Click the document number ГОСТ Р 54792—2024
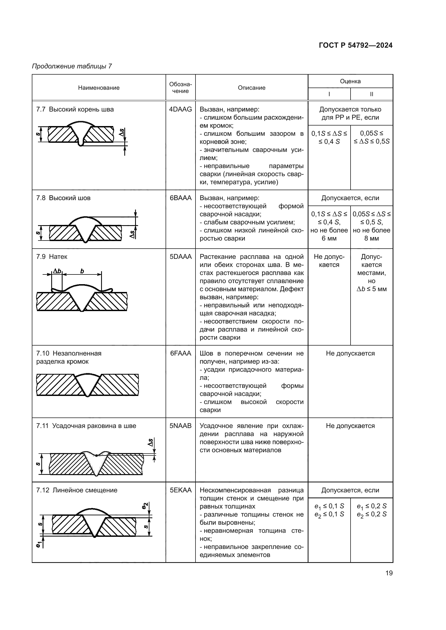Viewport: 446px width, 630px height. coord(355,45)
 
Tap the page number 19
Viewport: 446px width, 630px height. coord(389,573)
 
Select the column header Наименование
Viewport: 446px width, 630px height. coord(99,88)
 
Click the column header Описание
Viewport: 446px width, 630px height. coord(251,88)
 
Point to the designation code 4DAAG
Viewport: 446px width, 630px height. coord(180,109)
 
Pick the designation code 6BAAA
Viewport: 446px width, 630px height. coord(180,198)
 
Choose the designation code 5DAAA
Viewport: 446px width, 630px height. coord(180,257)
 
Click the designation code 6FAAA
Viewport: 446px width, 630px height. coord(180,353)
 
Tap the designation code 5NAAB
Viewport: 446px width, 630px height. coord(180,426)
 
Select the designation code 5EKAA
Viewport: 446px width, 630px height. coord(180,490)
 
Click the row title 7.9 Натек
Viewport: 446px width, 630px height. coord(52,257)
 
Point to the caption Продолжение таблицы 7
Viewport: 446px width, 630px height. coord(72,66)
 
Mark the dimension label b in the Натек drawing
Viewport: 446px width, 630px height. coord(82,271)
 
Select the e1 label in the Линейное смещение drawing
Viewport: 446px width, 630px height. coord(39,545)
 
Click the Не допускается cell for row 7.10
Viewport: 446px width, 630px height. coord(350,353)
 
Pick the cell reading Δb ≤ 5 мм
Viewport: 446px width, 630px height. coord(371,289)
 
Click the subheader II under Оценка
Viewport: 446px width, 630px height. coord(371,94)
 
